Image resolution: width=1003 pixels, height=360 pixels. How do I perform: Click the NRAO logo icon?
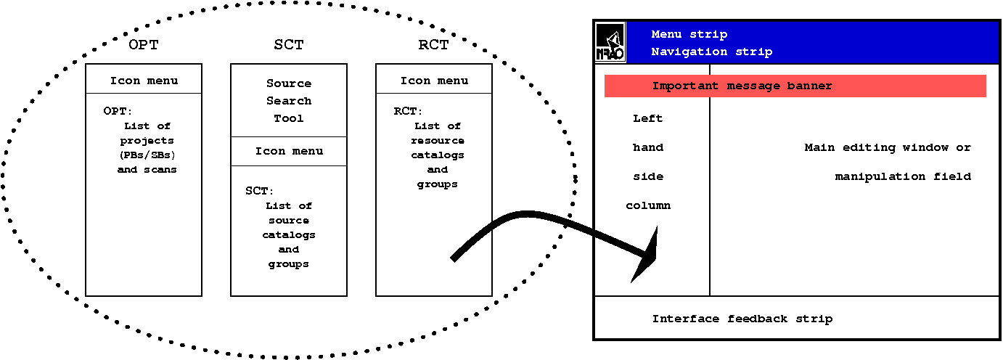610,42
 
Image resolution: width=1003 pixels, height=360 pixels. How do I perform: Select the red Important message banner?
795,86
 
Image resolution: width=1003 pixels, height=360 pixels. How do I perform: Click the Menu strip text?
689,35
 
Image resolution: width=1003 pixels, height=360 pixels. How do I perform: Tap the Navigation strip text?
711,52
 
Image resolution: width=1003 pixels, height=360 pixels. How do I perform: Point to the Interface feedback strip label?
742,319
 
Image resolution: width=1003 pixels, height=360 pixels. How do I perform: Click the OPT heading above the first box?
143,45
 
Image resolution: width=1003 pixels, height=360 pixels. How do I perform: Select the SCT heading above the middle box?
288,45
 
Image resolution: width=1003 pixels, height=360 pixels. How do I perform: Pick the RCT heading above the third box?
433,45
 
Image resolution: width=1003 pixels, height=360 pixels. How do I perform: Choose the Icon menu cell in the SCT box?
289,152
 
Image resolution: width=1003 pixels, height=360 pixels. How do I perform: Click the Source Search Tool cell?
289,101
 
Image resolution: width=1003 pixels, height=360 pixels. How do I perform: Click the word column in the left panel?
648,205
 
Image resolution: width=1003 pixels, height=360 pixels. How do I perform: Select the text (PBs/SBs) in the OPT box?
147,155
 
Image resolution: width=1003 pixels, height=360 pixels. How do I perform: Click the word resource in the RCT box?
438,141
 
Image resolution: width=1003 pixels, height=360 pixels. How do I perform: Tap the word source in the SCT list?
288,221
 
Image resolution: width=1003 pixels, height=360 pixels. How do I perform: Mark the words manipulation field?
903,176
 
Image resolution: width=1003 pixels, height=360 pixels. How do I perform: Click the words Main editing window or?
888,147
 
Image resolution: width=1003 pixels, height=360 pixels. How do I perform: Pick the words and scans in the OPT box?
147,170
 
